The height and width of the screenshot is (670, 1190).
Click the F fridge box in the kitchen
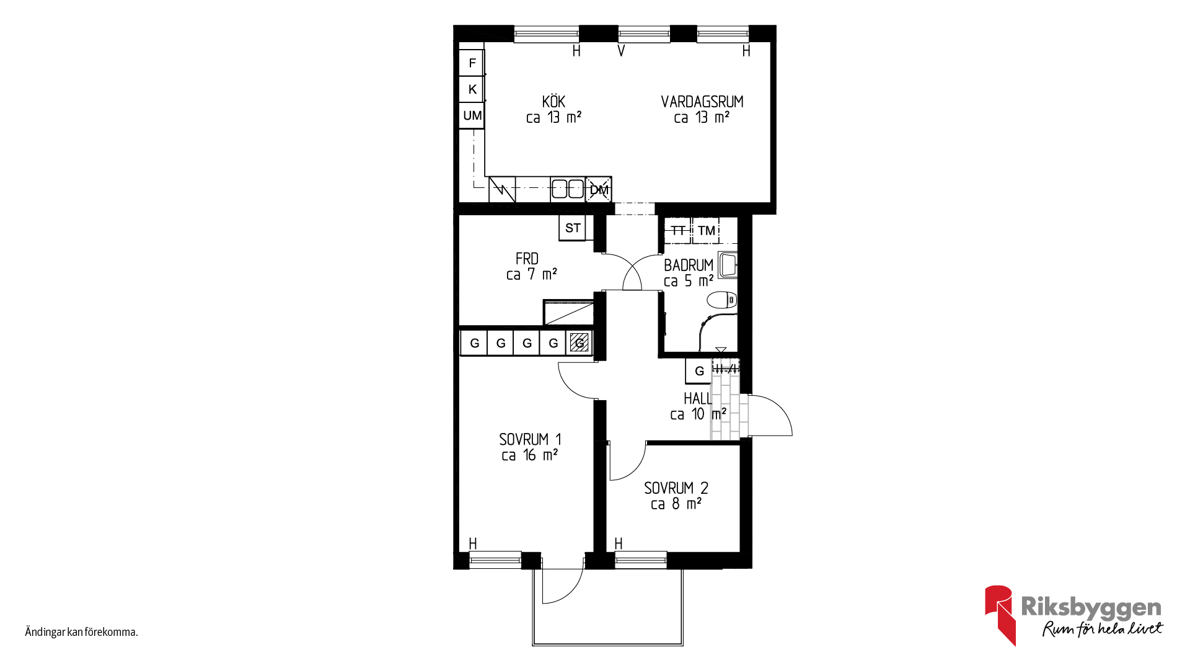coord(472,63)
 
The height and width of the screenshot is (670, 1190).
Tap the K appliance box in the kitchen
coord(472,89)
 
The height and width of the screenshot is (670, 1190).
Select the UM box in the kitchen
coord(472,115)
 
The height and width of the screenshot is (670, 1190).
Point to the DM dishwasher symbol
coord(599,190)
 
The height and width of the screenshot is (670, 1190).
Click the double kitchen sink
coord(568,189)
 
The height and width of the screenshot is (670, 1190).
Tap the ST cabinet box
coord(572,228)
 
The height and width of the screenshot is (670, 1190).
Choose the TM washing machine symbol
coord(706,230)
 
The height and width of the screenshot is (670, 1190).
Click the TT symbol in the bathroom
coord(678,230)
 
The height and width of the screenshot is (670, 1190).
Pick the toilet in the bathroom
coord(722,300)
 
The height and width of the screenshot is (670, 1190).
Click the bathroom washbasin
coord(728,265)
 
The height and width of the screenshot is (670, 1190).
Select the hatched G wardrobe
coord(580,342)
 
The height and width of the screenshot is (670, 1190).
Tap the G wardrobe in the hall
coord(699,371)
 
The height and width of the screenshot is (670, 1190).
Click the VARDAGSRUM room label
coord(702,102)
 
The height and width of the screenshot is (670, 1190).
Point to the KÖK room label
coord(553,102)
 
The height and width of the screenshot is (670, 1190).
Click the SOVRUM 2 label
coord(676,488)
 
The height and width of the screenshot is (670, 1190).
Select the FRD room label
coord(527,259)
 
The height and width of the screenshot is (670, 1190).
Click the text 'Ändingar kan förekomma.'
coord(81,632)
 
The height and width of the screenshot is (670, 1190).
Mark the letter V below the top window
coord(621,51)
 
